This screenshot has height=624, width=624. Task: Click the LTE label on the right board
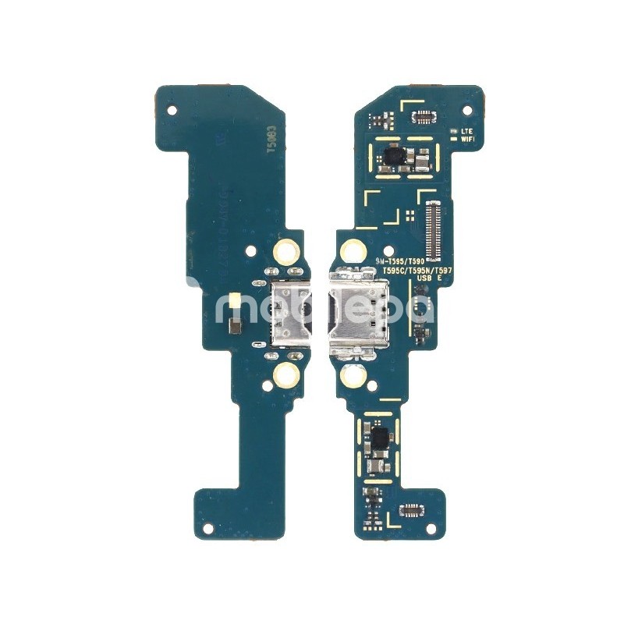[x=467, y=131]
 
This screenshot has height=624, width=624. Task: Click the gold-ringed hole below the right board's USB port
[x=352, y=378]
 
